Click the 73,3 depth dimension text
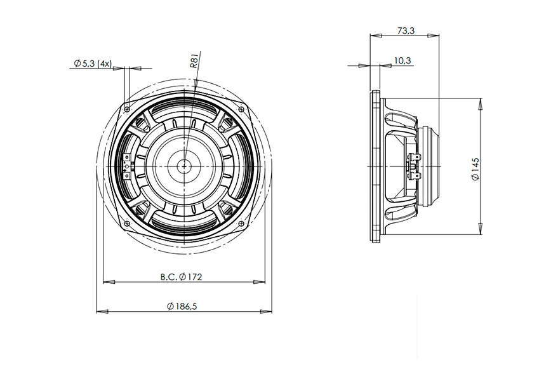pos(406,30)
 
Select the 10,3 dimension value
pos(403,61)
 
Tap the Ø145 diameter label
pos(476,169)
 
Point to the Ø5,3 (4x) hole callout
pos(93,63)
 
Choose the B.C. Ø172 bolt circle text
pos(181,276)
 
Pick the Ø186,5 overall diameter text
pos(182,306)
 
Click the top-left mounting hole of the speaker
pos(127,109)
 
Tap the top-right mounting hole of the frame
pos(242,109)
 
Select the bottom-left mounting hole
pos(127,224)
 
